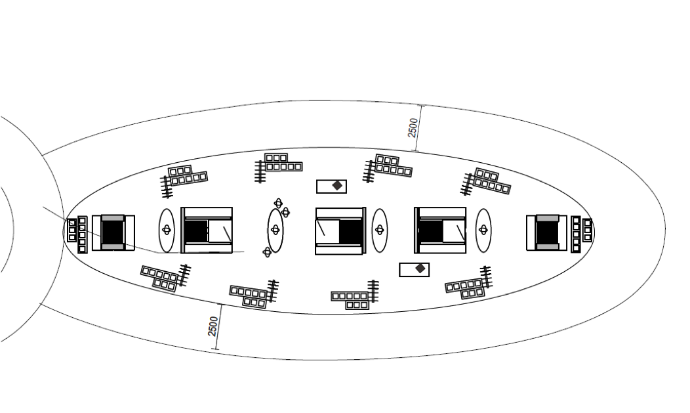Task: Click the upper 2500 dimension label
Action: [x=413, y=127]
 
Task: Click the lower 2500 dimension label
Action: [x=213, y=326]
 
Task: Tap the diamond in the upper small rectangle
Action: [x=337, y=186]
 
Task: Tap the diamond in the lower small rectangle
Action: [x=420, y=268]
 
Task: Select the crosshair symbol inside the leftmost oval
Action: [x=167, y=230]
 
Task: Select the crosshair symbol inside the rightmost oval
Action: [x=483, y=230]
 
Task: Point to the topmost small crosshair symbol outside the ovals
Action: [x=278, y=203]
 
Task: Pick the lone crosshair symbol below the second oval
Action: [x=267, y=252]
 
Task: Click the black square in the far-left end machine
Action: [x=113, y=232]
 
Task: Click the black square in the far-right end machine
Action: [x=547, y=232]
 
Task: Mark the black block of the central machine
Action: [x=350, y=232]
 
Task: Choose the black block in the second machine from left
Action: [x=196, y=231]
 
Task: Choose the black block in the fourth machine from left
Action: [x=431, y=231]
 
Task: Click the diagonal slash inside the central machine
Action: [x=321, y=228]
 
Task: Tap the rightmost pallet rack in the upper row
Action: [x=486, y=182]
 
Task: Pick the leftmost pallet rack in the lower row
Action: [x=166, y=277]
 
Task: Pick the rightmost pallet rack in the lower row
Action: [x=469, y=283]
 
